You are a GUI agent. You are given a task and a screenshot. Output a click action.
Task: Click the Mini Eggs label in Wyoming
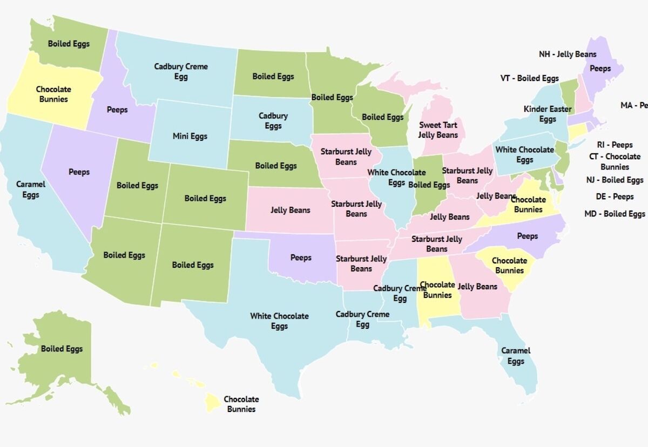pyautogui.click(x=190, y=137)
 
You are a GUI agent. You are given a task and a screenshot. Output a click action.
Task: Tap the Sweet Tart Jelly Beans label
pyautogui.click(x=438, y=130)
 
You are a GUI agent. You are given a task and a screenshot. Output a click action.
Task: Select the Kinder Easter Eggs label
pyautogui.click(x=547, y=114)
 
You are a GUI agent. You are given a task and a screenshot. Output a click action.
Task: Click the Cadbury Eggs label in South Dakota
pyautogui.click(x=273, y=121)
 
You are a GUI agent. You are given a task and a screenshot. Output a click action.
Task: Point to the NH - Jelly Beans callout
pyautogui.click(x=568, y=55)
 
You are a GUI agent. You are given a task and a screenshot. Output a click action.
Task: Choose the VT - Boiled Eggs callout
pyautogui.click(x=529, y=78)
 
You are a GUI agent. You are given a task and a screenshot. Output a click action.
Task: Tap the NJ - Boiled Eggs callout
pyautogui.click(x=615, y=180)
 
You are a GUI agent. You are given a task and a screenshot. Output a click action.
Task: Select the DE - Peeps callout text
pyautogui.click(x=615, y=197)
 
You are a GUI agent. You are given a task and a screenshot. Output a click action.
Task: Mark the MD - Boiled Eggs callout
pyautogui.click(x=615, y=214)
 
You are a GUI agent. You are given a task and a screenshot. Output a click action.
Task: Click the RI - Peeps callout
pyautogui.click(x=615, y=145)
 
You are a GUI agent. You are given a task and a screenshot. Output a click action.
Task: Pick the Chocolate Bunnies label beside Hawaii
pyautogui.click(x=241, y=404)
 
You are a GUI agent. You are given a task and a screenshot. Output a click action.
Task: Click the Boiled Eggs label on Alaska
pyautogui.click(x=62, y=349)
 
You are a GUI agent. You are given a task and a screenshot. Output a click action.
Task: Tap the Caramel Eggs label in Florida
pyautogui.click(x=516, y=356)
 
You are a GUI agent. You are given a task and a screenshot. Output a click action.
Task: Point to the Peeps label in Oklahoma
pyautogui.click(x=301, y=258)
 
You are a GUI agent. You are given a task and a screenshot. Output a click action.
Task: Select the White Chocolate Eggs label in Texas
pyautogui.click(x=279, y=321)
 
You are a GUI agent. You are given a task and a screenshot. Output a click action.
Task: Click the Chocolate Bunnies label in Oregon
pyautogui.click(x=53, y=94)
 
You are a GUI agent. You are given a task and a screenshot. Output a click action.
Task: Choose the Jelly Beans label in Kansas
pyautogui.click(x=291, y=211)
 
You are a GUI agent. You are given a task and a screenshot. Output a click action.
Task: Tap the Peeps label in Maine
pyautogui.click(x=600, y=69)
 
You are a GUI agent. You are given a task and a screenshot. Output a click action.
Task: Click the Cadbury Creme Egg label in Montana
pyautogui.click(x=181, y=72)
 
